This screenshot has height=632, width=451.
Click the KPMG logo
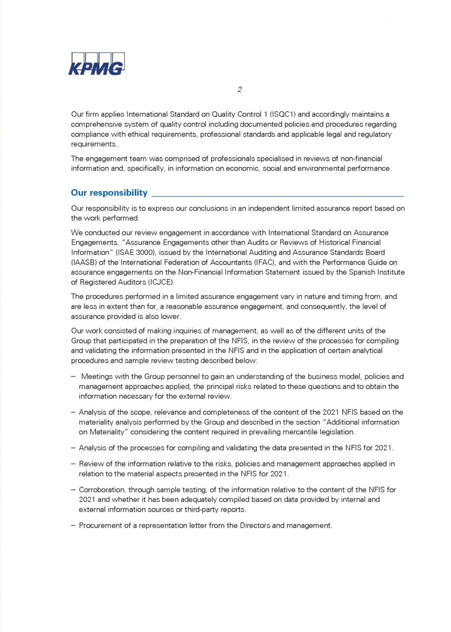96,64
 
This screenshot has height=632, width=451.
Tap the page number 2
239,90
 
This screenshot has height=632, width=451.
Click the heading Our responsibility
109,193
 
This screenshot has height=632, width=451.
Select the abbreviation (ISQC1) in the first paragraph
282,115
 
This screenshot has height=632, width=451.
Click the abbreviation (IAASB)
84,262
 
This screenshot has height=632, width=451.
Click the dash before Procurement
73,526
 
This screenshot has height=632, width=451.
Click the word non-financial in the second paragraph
362,159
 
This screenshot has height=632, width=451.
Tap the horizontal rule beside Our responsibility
278,196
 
